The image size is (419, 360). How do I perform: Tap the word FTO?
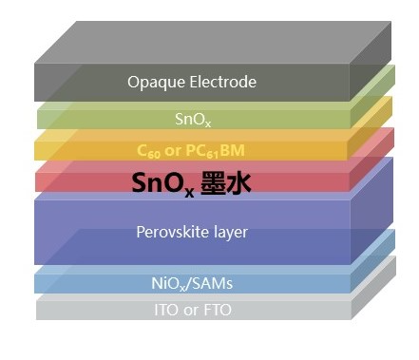[217, 310]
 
